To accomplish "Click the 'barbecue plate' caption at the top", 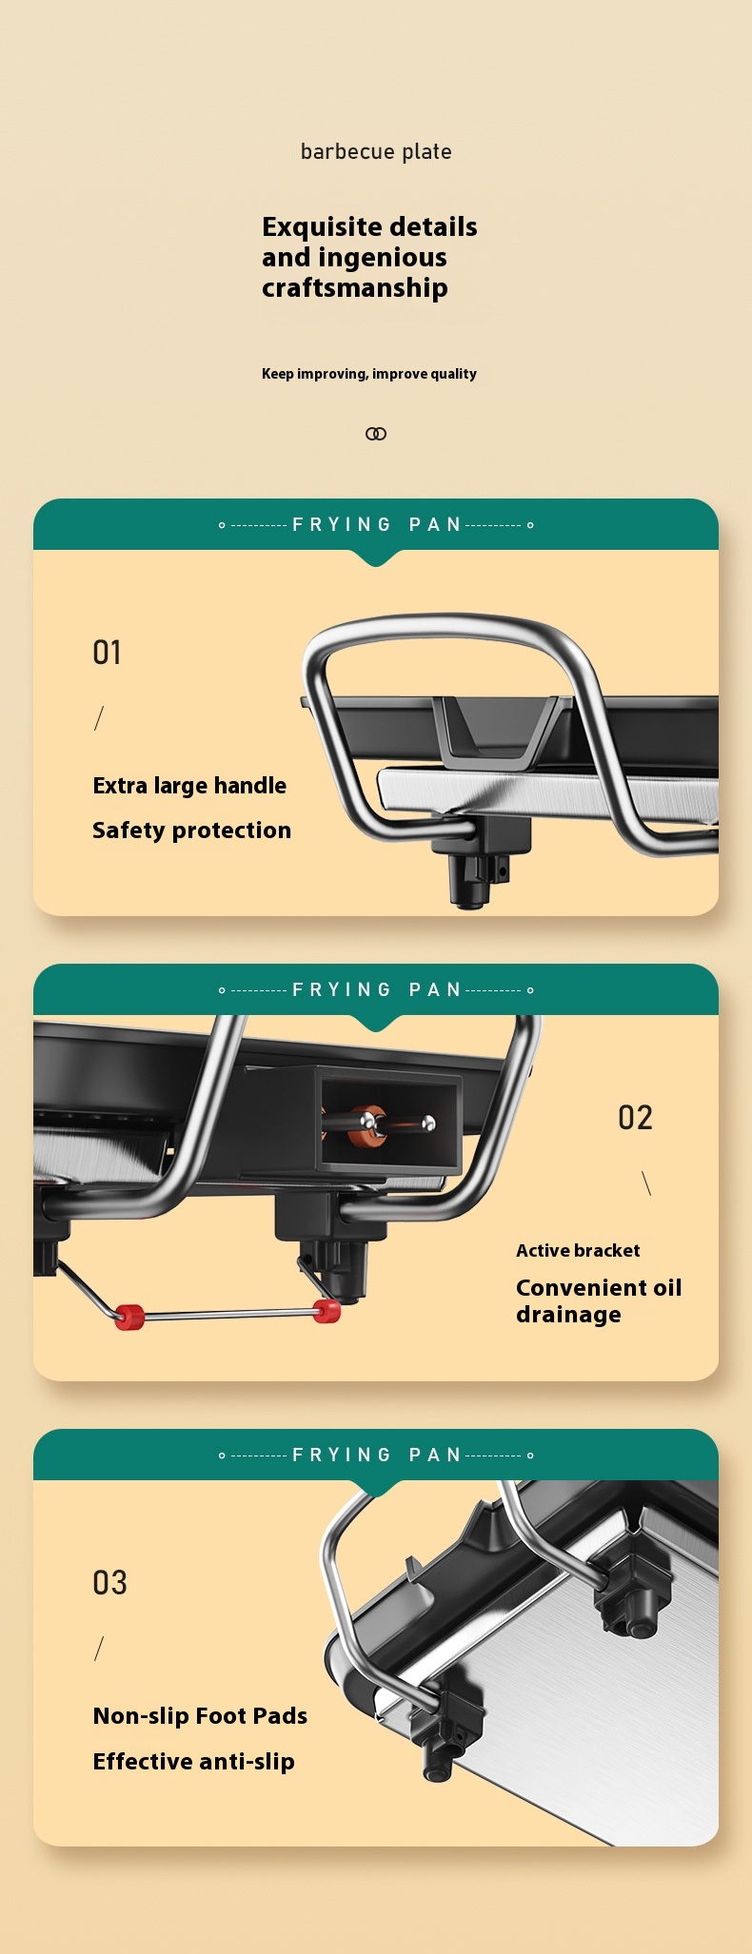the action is (376, 151).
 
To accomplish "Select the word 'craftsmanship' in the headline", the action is (355, 288).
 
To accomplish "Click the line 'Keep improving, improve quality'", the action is (369, 374).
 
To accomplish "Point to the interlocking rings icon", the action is (376, 434).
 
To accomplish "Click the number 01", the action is (108, 653).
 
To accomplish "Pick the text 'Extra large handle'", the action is (189, 786).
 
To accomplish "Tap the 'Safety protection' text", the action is (192, 830).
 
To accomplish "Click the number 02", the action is (635, 1118).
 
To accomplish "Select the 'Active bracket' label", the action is (578, 1251).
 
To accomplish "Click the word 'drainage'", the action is (569, 1315).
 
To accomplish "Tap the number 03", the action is (109, 1583).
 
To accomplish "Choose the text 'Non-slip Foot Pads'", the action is (200, 1716).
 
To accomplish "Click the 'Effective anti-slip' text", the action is (194, 1762).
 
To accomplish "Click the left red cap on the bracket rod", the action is (129, 1318).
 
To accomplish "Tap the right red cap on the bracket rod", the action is (327, 1311).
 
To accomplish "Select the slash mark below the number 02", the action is (647, 1183).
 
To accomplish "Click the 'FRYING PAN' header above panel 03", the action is (376, 1455).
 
